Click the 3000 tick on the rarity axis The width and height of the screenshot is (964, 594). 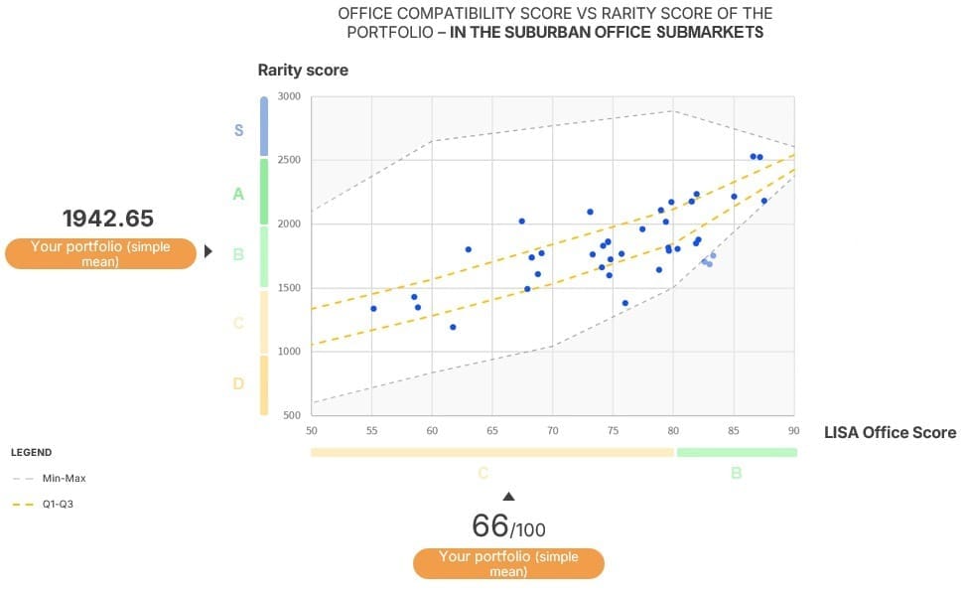[289, 96]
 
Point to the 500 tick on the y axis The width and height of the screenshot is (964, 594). [291, 415]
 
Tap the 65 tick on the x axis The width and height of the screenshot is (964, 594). [492, 430]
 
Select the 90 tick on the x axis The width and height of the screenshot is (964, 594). [793, 430]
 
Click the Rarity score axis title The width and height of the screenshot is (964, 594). [303, 71]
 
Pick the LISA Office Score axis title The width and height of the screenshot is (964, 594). [890, 432]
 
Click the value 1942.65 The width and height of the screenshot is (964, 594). [108, 219]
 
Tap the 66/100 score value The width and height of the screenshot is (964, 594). [508, 525]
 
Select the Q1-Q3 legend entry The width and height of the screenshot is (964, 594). [58, 505]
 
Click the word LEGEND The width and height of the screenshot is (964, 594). [31, 453]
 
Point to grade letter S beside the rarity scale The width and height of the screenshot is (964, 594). [238, 130]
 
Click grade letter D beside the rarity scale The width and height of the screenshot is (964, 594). [238, 383]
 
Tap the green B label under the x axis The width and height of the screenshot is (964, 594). [736, 473]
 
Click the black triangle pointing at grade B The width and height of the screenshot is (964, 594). [208, 252]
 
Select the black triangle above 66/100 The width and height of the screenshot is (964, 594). [508, 496]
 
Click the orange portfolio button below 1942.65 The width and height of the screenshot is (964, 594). [100, 254]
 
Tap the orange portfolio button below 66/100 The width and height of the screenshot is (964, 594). [508, 563]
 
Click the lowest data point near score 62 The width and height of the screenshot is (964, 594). [453, 327]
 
